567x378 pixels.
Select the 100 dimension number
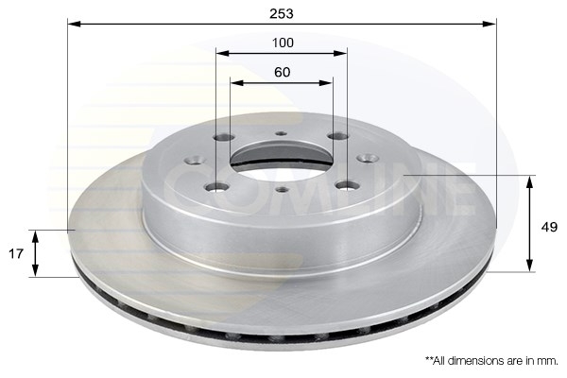point(282,43)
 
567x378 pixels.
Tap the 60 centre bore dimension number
point(282,72)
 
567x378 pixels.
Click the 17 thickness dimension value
point(15,253)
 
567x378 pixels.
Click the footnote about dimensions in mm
point(491,361)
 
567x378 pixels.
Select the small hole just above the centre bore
point(281,135)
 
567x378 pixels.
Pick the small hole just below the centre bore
point(282,190)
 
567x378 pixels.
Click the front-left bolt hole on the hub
point(218,186)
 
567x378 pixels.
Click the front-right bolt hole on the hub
point(344,185)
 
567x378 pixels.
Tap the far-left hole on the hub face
point(195,160)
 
